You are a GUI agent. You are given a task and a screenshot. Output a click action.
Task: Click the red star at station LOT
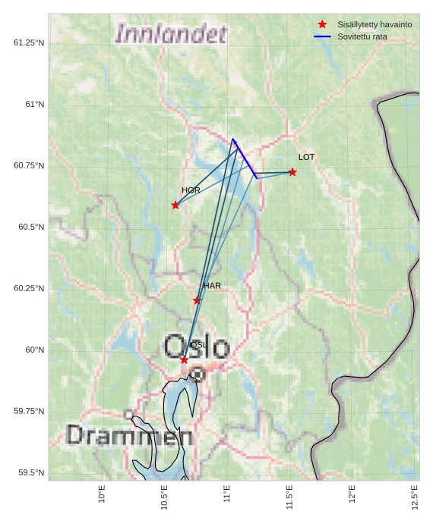(292, 172)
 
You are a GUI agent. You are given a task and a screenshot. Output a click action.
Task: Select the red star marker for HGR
(175, 205)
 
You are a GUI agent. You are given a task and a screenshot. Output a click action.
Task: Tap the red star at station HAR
(197, 300)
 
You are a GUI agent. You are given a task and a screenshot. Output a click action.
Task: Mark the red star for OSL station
(184, 359)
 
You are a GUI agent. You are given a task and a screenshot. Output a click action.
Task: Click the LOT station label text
(306, 157)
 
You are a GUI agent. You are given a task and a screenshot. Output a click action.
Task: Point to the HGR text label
(191, 190)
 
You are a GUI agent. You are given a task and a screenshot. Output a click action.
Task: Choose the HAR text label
(212, 286)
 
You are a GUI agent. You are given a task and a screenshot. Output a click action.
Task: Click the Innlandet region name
(171, 34)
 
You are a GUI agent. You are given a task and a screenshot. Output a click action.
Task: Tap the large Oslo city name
(196, 347)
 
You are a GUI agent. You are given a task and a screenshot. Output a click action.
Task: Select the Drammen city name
(129, 436)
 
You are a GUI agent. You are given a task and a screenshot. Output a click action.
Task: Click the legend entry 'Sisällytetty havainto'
(375, 24)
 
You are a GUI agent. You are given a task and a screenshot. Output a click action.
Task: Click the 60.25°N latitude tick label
(29, 288)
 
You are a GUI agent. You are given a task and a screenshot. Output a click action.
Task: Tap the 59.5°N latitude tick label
(29, 472)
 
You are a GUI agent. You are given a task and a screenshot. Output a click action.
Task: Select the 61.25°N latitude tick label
(29, 42)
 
